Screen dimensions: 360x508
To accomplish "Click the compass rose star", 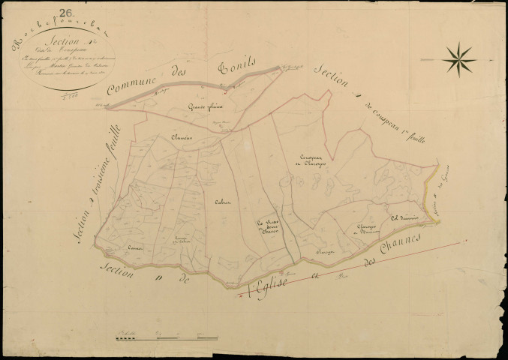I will [458, 58].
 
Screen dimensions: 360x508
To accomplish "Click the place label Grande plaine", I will [203, 107].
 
